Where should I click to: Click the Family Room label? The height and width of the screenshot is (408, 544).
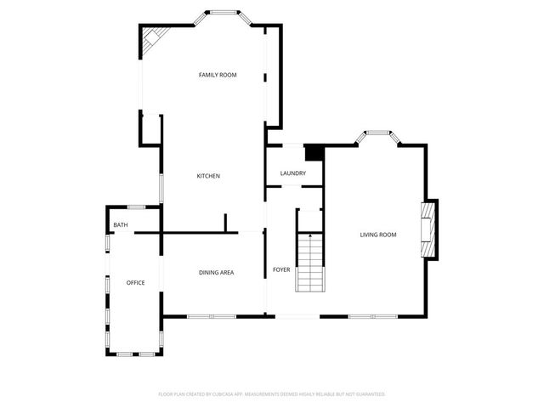218,76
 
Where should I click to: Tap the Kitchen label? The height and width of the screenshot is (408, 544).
208,176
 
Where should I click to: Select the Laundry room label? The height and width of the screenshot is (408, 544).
293,173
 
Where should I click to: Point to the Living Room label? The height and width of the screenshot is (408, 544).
378,235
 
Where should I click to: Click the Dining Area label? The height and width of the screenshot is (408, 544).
216,272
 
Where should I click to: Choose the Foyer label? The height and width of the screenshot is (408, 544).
281,269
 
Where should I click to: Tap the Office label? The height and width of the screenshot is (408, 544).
135,282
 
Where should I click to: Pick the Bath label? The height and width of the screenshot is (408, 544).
121,225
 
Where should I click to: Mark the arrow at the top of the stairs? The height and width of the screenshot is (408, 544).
310,235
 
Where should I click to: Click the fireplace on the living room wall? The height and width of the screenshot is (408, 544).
430,229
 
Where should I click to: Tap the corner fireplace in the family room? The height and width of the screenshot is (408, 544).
153,38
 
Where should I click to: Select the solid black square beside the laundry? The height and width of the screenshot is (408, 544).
314,153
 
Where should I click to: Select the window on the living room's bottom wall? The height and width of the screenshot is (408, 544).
372,317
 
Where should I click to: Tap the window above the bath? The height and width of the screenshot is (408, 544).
136,207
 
